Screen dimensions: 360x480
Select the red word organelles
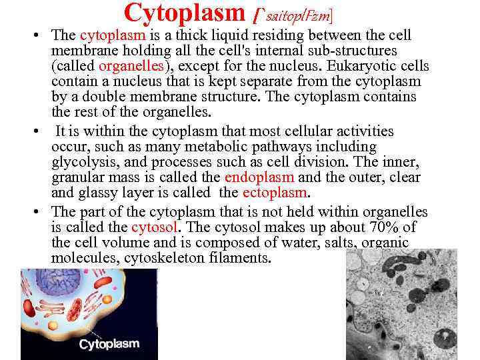click(x=127, y=67)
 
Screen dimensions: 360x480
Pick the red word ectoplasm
click(x=275, y=193)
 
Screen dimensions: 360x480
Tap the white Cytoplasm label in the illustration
click(x=109, y=344)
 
